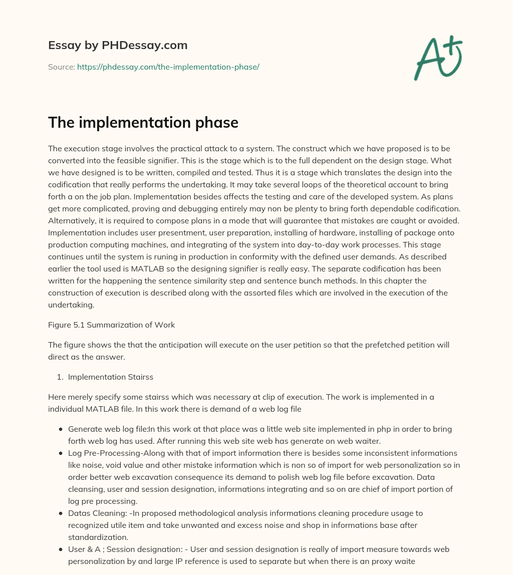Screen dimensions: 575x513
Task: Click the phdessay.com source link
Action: [x=168, y=67]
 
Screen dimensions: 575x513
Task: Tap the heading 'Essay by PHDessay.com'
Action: [x=118, y=45]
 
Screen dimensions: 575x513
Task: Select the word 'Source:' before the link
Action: [x=62, y=67]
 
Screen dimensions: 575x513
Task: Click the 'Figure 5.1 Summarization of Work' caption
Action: [x=111, y=325]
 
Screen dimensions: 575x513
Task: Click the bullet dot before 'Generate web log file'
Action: [x=61, y=429]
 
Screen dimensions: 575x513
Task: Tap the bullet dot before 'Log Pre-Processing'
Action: [x=61, y=453]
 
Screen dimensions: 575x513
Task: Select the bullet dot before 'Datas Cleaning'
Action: [x=61, y=513]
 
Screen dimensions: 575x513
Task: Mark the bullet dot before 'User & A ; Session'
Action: [x=61, y=549]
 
